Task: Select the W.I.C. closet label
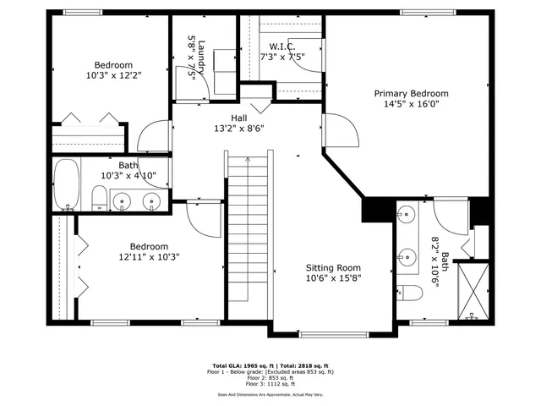tap(281, 46)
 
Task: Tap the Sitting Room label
tap(338, 266)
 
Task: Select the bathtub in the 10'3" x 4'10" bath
tap(67, 186)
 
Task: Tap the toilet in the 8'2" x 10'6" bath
tap(412, 294)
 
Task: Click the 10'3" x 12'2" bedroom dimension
tap(113, 75)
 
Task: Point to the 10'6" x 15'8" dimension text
tap(338, 278)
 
